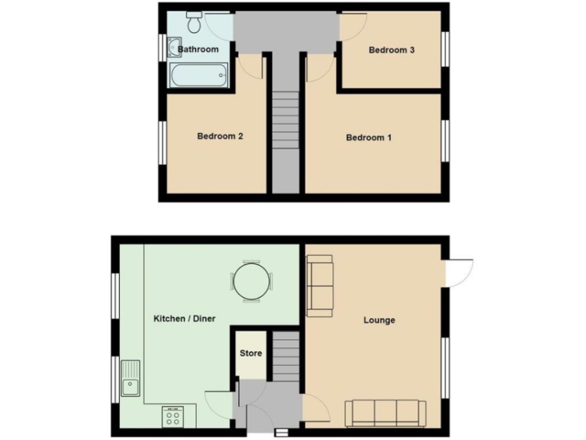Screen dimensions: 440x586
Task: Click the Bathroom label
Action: pyautogui.click(x=198, y=50)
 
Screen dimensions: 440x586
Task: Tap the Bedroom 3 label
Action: pyautogui.click(x=391, y=50)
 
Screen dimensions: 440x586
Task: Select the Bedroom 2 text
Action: pyautogui.click(x=220, y=137)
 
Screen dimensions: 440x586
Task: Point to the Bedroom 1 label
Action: pyautogui.click(x=369, y=137)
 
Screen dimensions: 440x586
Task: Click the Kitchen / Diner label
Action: pyautogui.click(x=184, y=318)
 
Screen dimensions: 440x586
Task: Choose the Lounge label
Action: pyautogui.click(x=379, y=320)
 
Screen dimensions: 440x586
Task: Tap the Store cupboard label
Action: pyautogui.click(x=251, y=354)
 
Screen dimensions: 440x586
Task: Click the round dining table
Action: pyautogui.click(x=251, y=282)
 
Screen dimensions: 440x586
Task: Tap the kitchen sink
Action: pyautogui.click(x=131, y=378)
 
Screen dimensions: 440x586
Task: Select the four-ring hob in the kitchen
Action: pyautogui.click(x=172, y=416)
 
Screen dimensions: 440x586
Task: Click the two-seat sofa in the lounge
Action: pyautogui.click(x=320, y=286)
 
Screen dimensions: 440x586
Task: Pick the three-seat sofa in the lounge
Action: pyautogui.click(x=385, y=413)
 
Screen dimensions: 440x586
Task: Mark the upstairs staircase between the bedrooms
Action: pyautogui.click(x=285, y=122)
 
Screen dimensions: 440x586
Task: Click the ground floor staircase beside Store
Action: pyautogui.click(x=286, y=355)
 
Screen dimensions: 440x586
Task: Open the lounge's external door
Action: pyautogui.click(x=459, y=273)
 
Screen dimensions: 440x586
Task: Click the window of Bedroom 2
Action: pyautogui.click(x=162, y=142)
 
